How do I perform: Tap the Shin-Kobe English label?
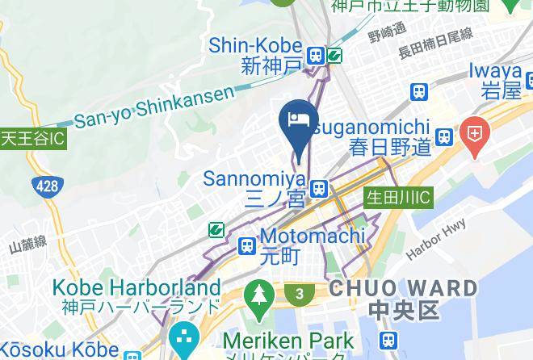coord(256,46)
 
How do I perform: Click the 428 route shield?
coord(48,187)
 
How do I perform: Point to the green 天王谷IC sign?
coord(32,139)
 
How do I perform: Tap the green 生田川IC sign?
coord(399,197)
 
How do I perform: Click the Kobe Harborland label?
coord(136,287)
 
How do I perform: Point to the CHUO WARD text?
coord(403,288)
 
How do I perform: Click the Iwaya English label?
coord(495,71)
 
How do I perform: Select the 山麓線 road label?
coord(29,243)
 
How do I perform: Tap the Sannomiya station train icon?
coord(320,188)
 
